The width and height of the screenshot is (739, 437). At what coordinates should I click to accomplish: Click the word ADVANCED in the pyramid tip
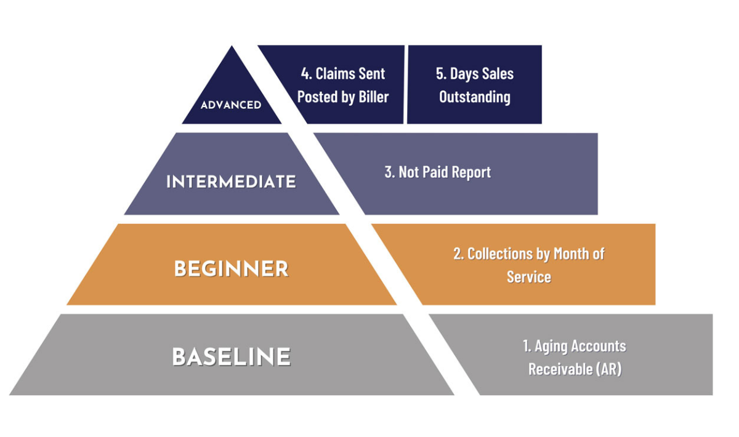click(x=231, y=105)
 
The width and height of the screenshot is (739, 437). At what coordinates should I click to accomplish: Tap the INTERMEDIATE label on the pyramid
click(x=231, y=182)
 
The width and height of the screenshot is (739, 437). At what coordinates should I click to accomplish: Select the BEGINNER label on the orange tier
click(x=232, y=268)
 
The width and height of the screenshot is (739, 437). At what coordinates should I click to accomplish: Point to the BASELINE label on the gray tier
click(x=232, y=356)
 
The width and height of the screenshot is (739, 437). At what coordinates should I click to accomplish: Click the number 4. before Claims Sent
click(x=307, y=73)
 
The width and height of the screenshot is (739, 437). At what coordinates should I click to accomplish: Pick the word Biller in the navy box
click(x=373, y=97)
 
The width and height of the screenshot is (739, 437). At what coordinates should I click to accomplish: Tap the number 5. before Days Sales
click(x=442, y=73)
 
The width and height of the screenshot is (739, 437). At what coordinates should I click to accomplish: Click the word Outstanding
click(x=475, y=97)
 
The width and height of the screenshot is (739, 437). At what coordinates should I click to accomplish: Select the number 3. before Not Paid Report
click(x=390, y=172)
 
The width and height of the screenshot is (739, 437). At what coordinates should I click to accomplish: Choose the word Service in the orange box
click(x=529, y=277)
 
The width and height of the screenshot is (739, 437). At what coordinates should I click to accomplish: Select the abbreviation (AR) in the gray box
click(x=608, y=369)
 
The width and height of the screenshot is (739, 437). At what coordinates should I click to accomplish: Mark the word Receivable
click(x=560, y=369)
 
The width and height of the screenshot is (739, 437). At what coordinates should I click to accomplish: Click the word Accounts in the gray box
click(x=599, y=346)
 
